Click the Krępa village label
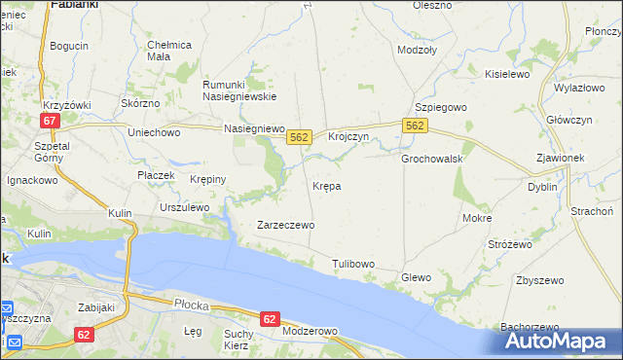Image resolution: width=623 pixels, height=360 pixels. (326, 185)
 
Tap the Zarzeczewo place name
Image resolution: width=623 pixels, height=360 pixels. (285, 225)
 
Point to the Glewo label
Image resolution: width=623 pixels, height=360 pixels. (416, 277)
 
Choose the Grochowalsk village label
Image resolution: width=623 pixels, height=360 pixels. (431, 158)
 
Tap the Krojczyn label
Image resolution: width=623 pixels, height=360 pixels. (348, 137)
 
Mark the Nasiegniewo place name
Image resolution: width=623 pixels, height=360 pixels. (253, 127)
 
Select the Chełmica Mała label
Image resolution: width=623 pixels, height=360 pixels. (169, 51)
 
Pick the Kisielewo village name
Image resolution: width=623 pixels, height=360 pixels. (506, 74)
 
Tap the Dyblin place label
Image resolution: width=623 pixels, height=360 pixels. (542, 186)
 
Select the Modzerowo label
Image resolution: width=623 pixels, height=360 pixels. (308, 331)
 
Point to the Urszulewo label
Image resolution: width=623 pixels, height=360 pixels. (184, 207)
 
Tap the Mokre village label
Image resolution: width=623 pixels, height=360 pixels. (477, 219)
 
